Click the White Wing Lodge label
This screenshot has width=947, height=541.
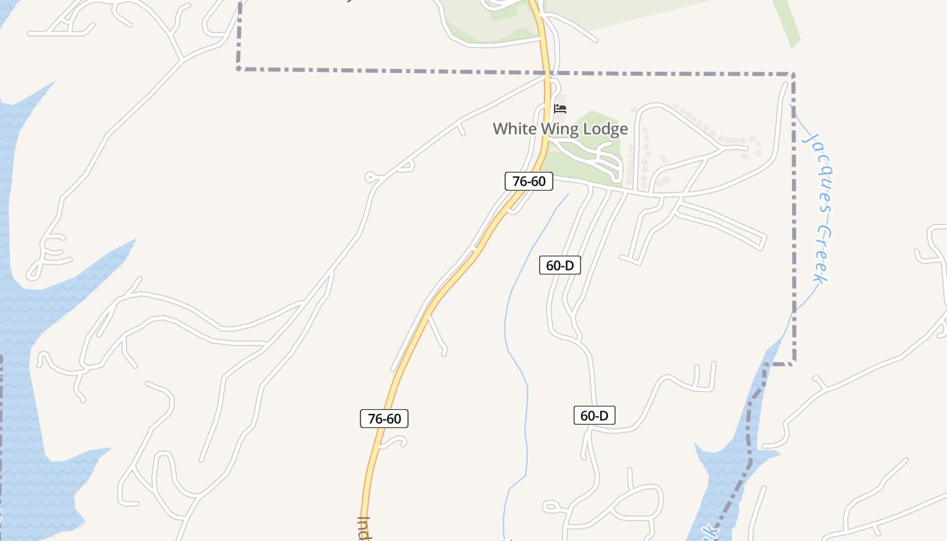tap(560, 128)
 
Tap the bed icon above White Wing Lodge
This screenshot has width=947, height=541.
tap(560, 108)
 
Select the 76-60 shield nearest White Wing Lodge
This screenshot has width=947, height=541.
tap(529, 181)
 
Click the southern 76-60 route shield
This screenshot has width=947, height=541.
tap(384, 419)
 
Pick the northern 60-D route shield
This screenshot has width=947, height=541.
tap(560, 265)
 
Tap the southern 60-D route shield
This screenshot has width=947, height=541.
tap(595, 415)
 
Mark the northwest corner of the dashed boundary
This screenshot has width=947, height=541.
tap(239, 68)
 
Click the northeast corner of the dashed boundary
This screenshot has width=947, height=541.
tap(793, 74)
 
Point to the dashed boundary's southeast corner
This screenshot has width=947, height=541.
tap(793, 363)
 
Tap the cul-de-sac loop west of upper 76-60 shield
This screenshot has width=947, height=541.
tap(370, 178)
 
